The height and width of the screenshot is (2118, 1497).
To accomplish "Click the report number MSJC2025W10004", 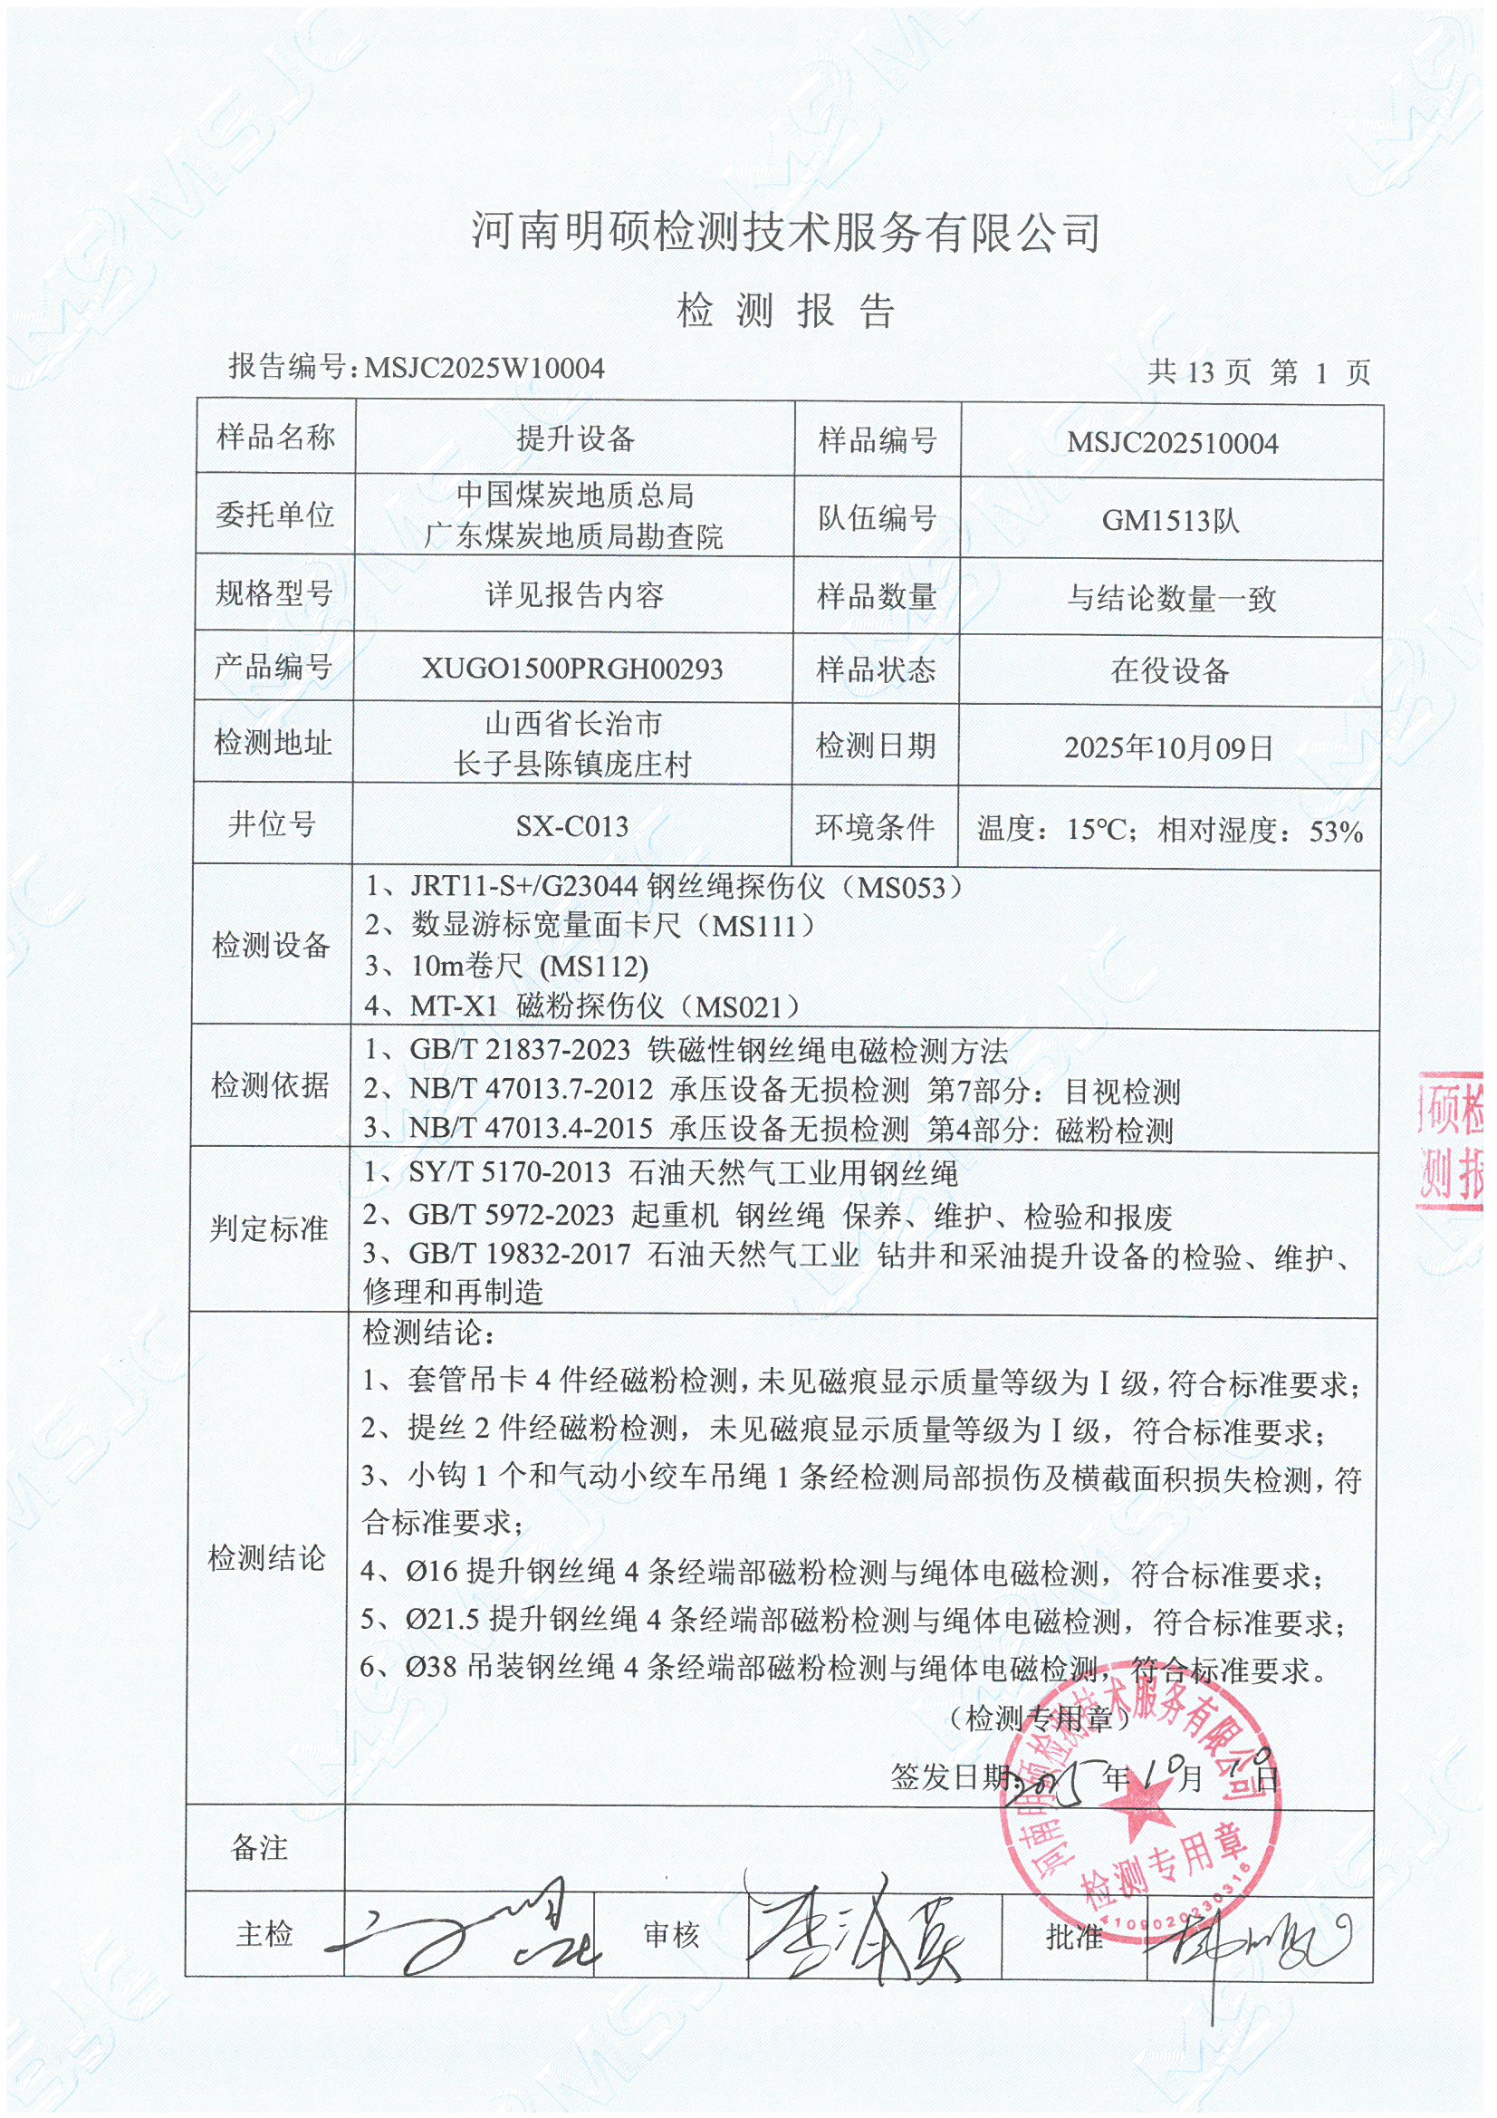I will (485, 369).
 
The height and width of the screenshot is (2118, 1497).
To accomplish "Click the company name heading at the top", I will (786, 231).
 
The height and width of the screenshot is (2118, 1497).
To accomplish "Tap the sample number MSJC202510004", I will (1171, 444).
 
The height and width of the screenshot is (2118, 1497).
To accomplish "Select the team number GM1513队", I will (1169, 521).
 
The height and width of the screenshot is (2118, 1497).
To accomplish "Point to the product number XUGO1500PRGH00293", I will (571, 669).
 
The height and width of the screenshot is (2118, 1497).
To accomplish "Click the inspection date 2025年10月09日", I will (1168, 747).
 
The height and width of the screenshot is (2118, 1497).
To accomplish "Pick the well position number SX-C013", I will (571, 825).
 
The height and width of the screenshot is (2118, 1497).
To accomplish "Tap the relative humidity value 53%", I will (1336, 832).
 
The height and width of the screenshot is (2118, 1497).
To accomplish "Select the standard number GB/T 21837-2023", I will (519, 1050).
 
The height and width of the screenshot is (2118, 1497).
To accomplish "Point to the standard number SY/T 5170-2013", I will (509, 1172).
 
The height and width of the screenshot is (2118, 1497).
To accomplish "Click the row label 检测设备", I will (271, 945).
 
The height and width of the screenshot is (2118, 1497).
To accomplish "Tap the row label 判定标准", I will (268, 1228).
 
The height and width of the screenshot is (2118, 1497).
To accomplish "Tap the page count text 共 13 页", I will (1199, 372).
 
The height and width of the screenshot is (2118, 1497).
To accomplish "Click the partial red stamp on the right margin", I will (1452, 1141).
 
